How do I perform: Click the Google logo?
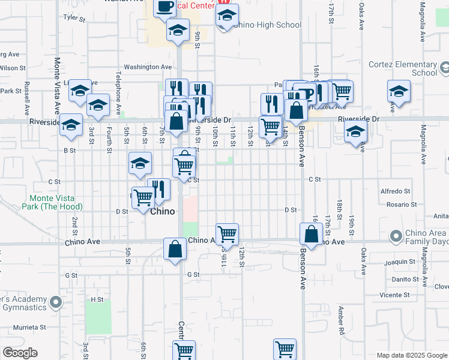pyautogui.click(x=20, y=353)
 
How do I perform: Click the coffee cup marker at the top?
pyautogui.click(x=165, y=7)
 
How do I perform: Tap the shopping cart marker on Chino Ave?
pyautogui.click(x=228, y=233)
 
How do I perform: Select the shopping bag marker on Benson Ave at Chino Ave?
pyautogui.click(x=311, y=234)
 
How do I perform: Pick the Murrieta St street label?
pyautogui.click(x=31, y=327)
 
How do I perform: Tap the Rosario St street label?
pyautogui.click(x=401, y=205)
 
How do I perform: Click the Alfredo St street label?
pyautogui.click(x=395, y=191)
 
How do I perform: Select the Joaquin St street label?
pyautogui.click(x=400, y=262)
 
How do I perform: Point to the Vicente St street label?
pyautogui.click(x=394, y=295)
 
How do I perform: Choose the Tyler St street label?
pyautogui.click(x=75, y=18)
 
